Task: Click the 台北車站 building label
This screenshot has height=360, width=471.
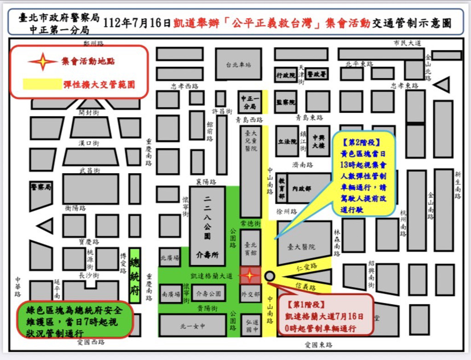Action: point(238,65)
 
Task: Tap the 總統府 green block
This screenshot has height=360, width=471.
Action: point(134,275)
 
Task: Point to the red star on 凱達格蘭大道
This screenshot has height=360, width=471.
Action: point(249,276)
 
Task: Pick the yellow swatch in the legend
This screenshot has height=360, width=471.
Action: point(42,84)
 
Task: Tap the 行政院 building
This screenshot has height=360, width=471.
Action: point(286,75)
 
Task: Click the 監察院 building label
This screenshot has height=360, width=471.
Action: point(286,102)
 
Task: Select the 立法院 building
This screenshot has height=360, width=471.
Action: point(288,141)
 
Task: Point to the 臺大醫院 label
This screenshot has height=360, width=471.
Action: point(301,247)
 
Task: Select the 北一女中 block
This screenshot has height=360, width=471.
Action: point(192,326)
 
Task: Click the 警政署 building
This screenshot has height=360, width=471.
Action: point(317,74)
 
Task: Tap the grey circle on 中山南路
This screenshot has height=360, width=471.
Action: point(270,276)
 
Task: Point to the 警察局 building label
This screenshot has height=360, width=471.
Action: point(41,187)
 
